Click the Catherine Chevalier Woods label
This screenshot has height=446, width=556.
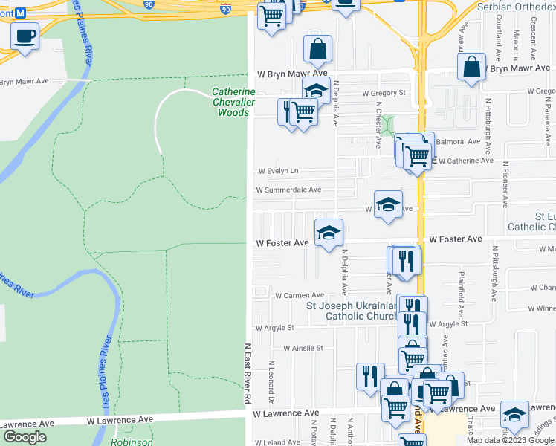(x=233, y=103)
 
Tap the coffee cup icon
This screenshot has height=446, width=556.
(x=25, y=35)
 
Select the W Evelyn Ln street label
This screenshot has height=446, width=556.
(x=278, y=171)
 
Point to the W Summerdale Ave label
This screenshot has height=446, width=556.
(x=288, y=190)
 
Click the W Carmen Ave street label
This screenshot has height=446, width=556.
(x=300, y=295)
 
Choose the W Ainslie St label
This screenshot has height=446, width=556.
(x=303, y=347)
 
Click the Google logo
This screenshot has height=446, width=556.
(x=25, y=438)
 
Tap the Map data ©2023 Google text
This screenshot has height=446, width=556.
(x=509, y=440)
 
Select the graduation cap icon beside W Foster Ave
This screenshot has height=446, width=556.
(x=329, y=233)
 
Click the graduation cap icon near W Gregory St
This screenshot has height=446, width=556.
(x=316, y=90)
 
